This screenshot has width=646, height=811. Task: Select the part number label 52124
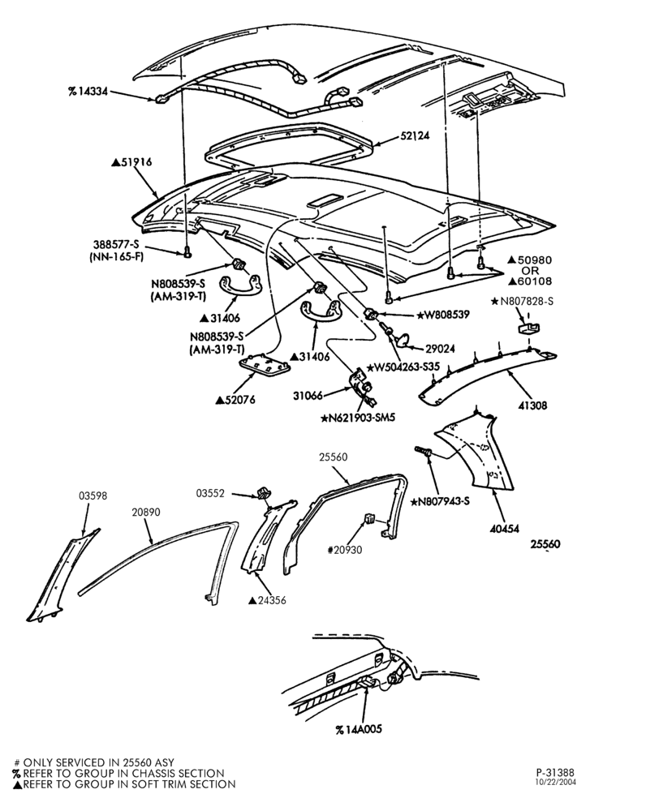click(x=415, y=136)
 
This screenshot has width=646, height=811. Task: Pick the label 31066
click(x=308, y=396)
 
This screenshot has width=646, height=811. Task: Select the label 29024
click(x=440, y=349)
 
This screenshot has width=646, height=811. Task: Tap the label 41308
click(x=532, y=405)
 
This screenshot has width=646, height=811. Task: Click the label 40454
click(x=504, y=529)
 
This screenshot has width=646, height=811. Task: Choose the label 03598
click(x=93, y=496)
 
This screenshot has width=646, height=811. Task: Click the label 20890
click(x=146, y=512)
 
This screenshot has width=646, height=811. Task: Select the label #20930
click(x=345, y=550)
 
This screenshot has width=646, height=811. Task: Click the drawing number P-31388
click(x=555, y=773)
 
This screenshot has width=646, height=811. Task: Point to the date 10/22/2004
click(x=556, y=782)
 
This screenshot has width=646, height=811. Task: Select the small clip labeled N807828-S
click(x=528, y=328)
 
